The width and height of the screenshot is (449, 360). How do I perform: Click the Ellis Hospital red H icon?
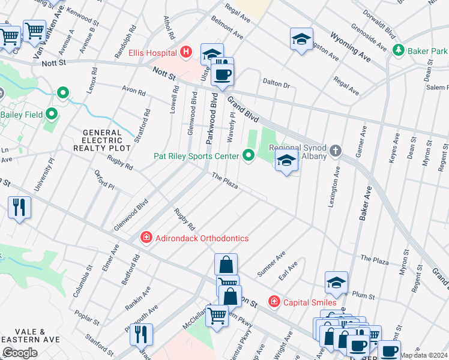186,52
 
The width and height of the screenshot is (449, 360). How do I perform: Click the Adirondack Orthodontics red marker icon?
146,238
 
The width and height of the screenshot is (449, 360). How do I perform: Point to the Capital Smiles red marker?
274,302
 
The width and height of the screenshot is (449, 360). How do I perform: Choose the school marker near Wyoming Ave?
301,40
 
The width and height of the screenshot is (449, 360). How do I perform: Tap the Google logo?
20,352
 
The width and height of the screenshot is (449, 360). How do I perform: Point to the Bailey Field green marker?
52,113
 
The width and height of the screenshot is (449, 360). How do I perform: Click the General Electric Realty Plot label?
102,140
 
